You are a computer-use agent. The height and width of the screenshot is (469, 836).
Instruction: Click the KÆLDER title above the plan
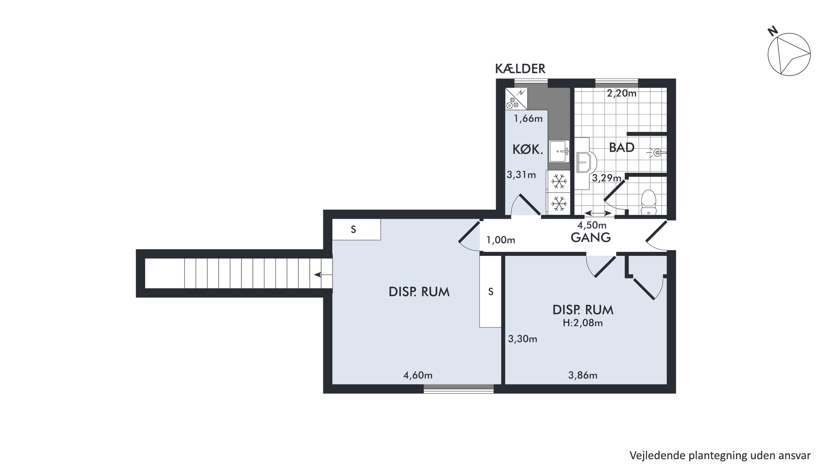(x=520, y=69)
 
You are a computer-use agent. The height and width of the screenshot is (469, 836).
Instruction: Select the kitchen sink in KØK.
(x=559, y=151)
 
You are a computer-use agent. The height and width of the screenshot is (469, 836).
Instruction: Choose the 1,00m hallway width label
(x=501, y=240)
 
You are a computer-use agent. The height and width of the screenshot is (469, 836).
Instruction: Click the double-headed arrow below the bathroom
(x=598, y=213)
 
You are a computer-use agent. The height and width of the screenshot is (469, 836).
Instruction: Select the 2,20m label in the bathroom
(x=621, y=93)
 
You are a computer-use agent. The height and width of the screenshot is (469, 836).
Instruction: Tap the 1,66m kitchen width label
(x=528, y=119)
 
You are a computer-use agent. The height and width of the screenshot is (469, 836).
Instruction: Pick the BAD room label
(x=621, y=148)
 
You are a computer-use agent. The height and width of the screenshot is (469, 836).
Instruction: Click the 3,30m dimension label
(x=522, y=339)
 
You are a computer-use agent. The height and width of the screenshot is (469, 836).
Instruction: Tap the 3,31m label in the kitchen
(x=521, y=175)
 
